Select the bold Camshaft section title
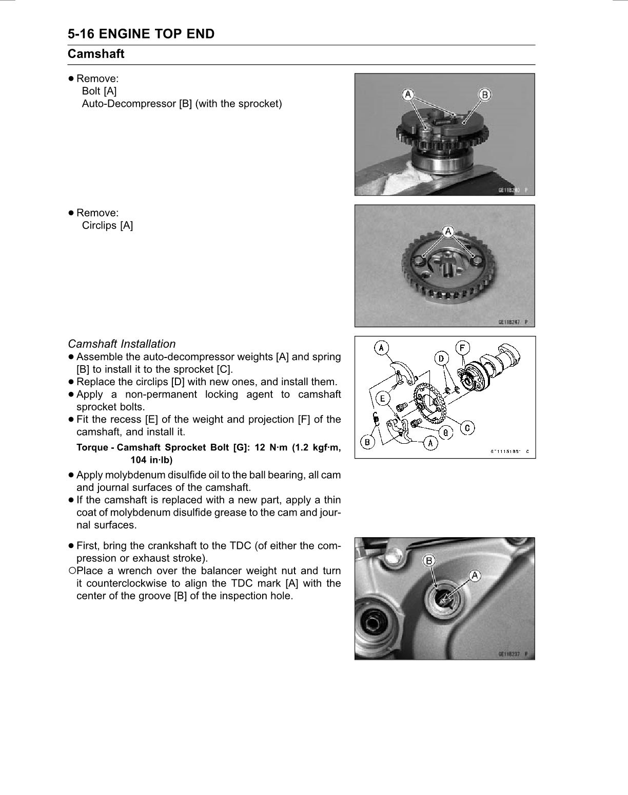pyautogui.click(x=96, y=53)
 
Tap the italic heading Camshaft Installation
pyautogui.click(x=122, y=344)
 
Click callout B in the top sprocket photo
pyautogui.click(x=484, y=94)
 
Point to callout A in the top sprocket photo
pyautogui.click(x=408, y=94)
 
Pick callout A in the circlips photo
pyautogui.click(x=448, y=231)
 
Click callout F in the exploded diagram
pyautogui.click(x=462, y=348)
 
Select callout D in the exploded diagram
pyautogui.click(x=441, y=358)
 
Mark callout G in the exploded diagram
pyautogui.click(x=445, y=432)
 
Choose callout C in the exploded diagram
pyautogui.click(x=467, y=427)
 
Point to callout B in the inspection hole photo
pyautogui.click(x=429, y=560)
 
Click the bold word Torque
pyautogui.click(x=92, y=447)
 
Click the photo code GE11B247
pyautogui.click(x=509, y=322)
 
